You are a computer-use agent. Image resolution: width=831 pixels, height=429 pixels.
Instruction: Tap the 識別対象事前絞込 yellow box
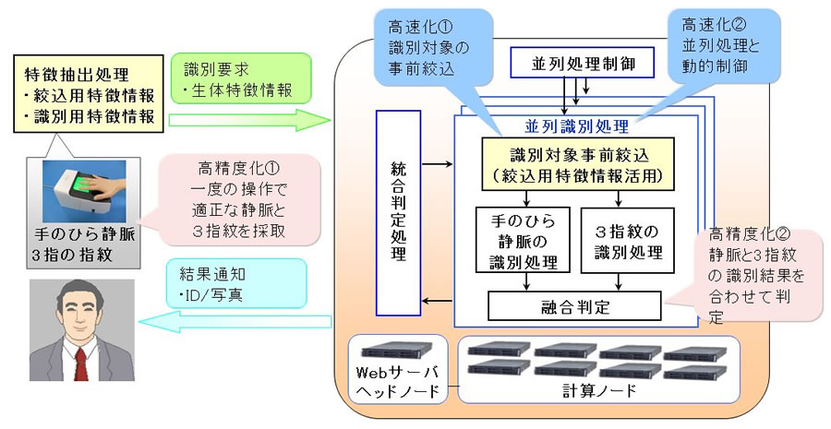click(577, 164)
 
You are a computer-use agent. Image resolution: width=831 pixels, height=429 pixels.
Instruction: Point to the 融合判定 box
click(575, 304)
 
